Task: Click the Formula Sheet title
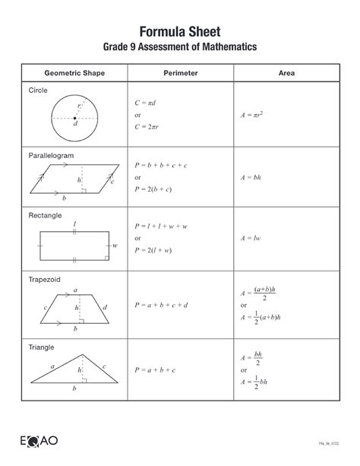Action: pos(180,31)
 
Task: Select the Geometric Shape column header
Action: pos(74,74)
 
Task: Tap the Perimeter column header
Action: pos(180,74)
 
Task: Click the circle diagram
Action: pos(74,117)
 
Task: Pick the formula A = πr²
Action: pos(252,116)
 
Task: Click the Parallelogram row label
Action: pos(51,154)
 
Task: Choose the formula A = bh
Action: pos(251,176)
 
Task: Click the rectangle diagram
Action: pos(74,246)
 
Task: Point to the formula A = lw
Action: pos(250,238)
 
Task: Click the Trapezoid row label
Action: pos(44,279)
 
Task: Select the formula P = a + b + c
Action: pos(155,369)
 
